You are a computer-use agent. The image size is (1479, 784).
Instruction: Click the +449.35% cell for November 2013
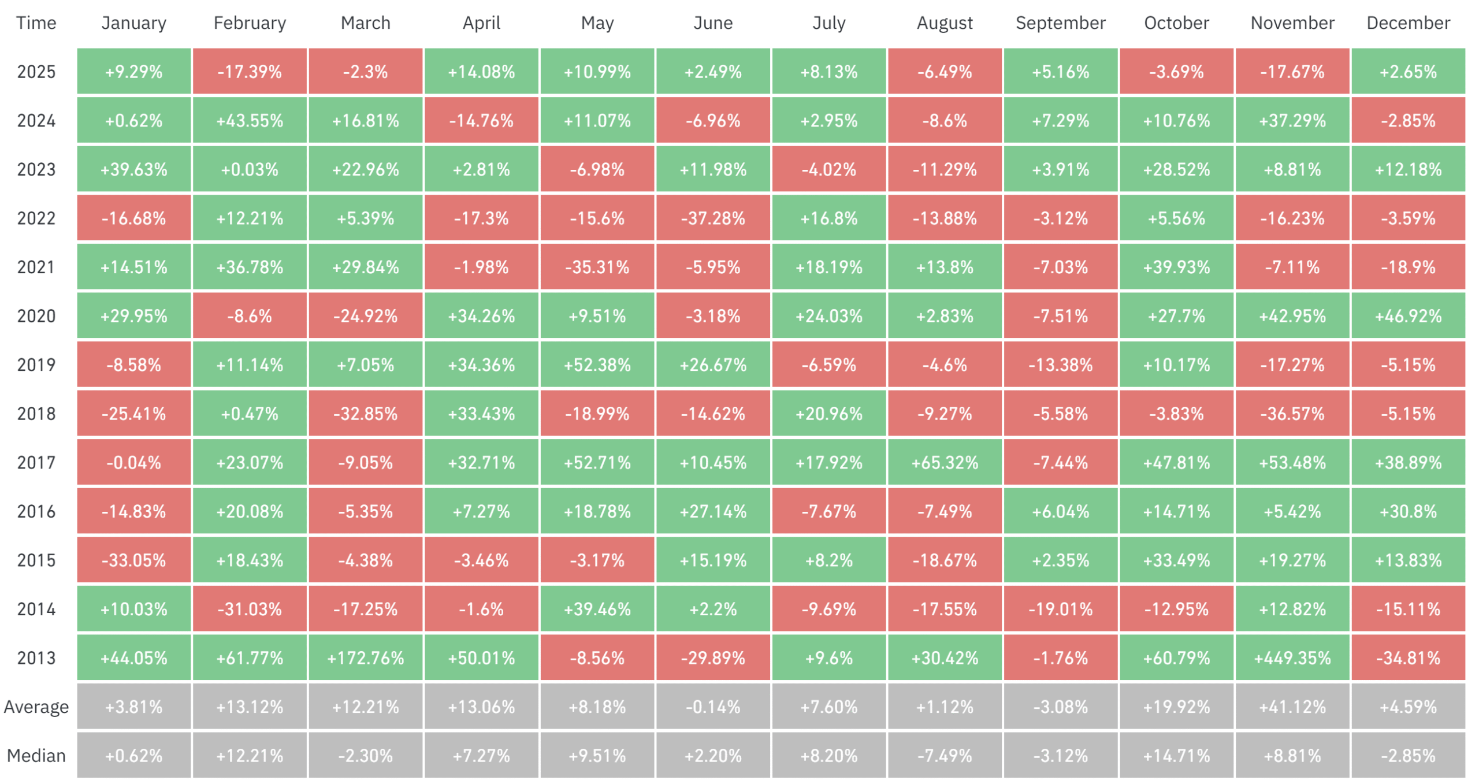point(1292,657)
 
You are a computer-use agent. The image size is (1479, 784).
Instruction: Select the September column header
point(1060,23)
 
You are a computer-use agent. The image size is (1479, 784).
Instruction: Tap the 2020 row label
point(36,316)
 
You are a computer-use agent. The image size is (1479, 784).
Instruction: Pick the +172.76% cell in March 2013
point(365,657)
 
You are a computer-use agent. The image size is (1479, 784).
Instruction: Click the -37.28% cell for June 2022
point(713,218)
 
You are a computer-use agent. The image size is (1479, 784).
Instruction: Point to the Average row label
point(36,707)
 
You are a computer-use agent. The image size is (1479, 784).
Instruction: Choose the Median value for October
point(1176,755)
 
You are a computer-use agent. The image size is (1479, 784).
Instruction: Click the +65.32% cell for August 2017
point(945,462)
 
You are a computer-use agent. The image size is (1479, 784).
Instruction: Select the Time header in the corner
point(36,23)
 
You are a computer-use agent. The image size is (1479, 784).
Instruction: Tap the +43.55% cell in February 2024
point(250,121)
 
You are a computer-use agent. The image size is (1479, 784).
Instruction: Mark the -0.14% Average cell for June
point(713,707)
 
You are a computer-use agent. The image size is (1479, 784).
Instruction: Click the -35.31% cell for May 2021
point(597,267)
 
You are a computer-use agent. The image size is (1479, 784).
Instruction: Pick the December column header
point(1408,23)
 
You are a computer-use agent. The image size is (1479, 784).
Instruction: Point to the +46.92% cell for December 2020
point(1408,316)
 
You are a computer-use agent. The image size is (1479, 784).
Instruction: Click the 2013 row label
point(36,657)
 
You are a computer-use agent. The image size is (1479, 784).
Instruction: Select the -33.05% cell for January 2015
point(133,560)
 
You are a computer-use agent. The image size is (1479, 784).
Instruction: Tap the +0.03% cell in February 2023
point(250,169)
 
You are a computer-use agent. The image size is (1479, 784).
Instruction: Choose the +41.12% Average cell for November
point(1292,707)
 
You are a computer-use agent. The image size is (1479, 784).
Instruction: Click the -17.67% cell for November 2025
point(1292,72)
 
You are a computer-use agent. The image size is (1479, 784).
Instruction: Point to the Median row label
point(36,755)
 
